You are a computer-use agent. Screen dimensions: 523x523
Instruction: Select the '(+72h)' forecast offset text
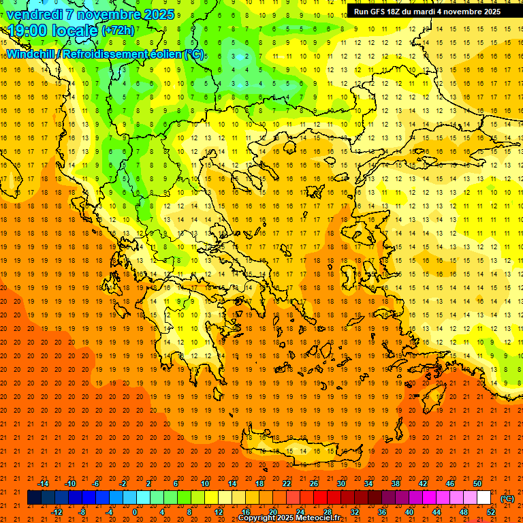click(x=118, y=31)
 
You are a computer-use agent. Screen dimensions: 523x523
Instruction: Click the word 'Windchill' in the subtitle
click(x=32, y=54)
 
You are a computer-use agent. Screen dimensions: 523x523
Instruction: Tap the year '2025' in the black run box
click(x=488, y=12)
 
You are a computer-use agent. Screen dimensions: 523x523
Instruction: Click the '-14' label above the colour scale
click(x=43, y=484)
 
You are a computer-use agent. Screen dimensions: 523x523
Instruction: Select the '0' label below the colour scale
click(x=135, y=511)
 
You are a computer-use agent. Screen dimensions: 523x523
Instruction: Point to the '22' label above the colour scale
click(x=287, y=484)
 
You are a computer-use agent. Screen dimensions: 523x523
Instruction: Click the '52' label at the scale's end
click(x=491, y=511)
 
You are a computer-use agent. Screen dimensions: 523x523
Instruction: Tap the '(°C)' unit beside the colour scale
click(x=507, y=498)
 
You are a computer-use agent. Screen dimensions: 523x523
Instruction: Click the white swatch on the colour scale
click(x=484, y=498)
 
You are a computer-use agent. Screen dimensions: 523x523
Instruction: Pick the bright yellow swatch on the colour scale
click(x=211, y=498)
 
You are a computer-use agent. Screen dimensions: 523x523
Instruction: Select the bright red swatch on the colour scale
click(x=320, y=498)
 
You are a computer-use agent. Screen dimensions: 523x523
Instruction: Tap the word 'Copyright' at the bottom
click(x=259, y=518)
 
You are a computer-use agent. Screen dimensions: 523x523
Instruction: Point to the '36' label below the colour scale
click(x=381, y=511)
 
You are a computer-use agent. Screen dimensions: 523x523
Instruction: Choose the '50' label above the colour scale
click(x=477, y=484)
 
